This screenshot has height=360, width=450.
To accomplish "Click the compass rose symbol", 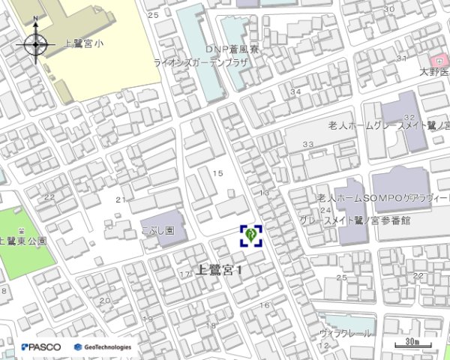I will click(36, 45).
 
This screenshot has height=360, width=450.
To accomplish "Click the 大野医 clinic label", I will click(434, 72).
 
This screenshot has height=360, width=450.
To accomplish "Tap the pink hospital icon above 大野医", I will click(435, 61).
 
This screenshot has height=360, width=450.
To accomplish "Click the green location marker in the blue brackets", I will click(250, 235).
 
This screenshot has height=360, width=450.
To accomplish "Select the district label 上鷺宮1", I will click(220, 269).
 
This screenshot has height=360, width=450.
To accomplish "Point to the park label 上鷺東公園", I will click(23, 241).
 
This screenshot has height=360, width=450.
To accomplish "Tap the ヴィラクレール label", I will click(345, 333).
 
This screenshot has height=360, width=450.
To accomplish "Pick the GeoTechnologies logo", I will click(103, 347).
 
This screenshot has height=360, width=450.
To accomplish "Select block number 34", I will click(295, 91).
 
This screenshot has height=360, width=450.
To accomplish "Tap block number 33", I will click(307, 144).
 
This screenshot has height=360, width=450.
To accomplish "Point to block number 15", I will click(218, 173).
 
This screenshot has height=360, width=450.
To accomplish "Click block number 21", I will click(120, 199).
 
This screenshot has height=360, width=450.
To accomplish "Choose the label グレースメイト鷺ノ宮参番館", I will click(355, 220).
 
